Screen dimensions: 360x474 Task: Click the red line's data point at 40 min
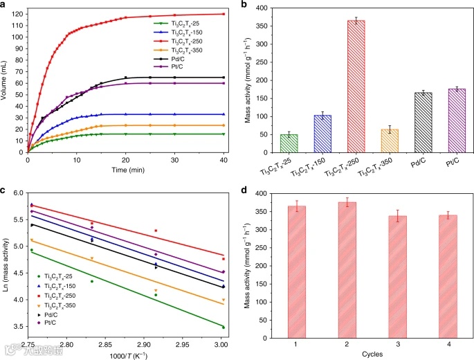pyautogui.click(x=224, y=14)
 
